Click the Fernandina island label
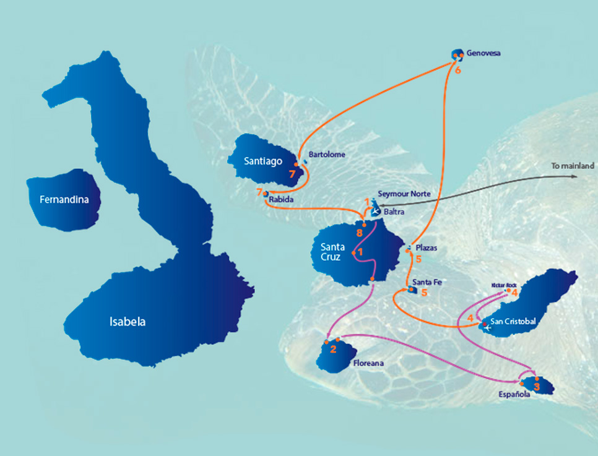63,200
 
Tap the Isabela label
128,322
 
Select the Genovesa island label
485,53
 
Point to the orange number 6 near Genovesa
458,71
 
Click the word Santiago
262,161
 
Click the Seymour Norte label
404,194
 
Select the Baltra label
394,211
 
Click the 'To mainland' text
573,166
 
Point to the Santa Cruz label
332,252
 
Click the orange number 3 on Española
537,387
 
